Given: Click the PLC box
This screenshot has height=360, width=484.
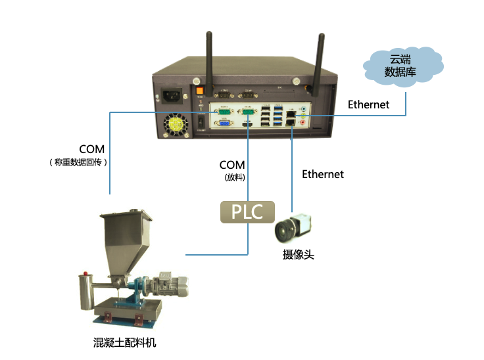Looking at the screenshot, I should click(247, 211).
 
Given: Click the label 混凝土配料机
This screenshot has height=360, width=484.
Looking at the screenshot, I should click(125, 343).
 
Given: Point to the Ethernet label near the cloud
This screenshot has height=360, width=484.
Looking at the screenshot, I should click(368, 104).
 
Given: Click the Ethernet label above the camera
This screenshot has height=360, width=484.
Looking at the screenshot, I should click(322, 174).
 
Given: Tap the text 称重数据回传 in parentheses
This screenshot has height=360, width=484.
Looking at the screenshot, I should click(78, 162).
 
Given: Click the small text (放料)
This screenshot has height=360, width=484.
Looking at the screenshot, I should click(232, 177).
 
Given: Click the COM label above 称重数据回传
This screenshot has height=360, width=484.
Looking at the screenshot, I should click(91, 149).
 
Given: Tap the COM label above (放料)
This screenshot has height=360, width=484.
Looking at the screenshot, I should click(232, 165).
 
